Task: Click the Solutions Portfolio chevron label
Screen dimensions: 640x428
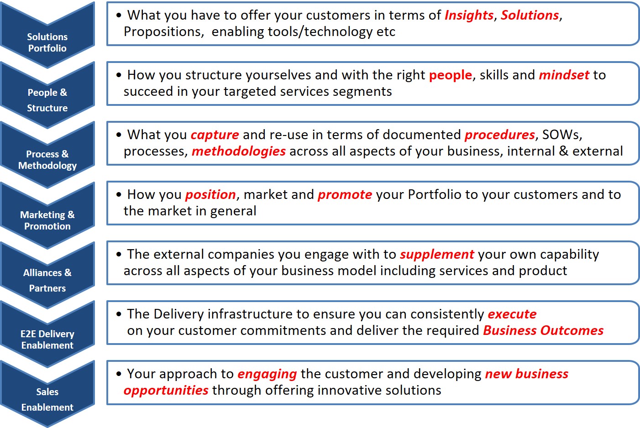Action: click(47, 42)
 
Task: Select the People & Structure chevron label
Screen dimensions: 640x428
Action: click(47, 100)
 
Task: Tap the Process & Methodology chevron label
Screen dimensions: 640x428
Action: click(47, 160)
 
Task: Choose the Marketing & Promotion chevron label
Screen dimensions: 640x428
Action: click(47, 220)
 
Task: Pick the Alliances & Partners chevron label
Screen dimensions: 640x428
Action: click(47, 280)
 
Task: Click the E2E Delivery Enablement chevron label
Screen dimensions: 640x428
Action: click(47, 339)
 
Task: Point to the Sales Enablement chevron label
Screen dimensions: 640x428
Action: click(47, 399)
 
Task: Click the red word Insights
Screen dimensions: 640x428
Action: click(469, 16)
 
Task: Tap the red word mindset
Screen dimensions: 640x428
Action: click(564, 75)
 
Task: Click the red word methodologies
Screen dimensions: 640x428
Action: click(239, 151)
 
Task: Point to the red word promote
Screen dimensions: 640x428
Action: click(345, 195)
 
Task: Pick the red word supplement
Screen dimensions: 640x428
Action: click(437, 255)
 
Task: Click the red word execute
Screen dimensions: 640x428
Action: click(512, 314)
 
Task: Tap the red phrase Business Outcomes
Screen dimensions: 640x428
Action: click(543, 330)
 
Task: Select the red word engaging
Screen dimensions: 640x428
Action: click(267, 374)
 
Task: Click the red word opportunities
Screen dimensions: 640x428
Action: click(166, 391)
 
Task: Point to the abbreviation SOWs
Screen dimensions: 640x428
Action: click(560, 135)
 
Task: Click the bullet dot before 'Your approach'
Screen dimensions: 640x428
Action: click(119, 373)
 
